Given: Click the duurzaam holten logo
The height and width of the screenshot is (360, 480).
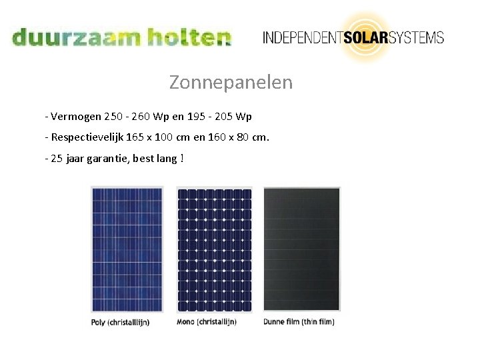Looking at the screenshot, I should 121,37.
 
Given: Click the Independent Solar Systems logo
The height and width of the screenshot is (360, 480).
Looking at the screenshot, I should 353,37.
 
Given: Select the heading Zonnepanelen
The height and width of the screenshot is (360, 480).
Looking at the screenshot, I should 231,83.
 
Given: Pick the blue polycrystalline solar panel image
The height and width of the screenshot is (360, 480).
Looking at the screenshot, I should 127,249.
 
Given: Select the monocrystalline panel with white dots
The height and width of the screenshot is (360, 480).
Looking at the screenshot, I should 214,249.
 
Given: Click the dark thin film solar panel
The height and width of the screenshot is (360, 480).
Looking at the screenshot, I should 302,249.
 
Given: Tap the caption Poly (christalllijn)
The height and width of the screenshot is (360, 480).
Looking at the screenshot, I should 121,322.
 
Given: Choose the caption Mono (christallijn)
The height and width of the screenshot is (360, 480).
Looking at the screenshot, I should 207,321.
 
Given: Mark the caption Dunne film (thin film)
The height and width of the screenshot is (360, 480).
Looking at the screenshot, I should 299,321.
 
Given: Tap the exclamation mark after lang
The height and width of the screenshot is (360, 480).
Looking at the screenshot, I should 182,158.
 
